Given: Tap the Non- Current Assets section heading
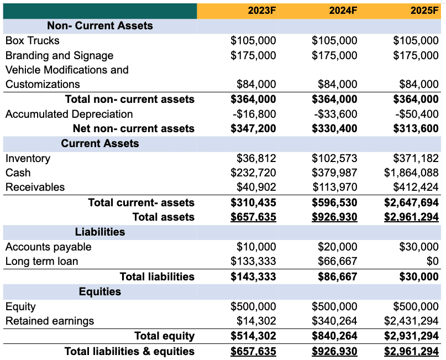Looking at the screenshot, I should [100, 25].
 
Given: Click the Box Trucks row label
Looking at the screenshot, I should [33, 40].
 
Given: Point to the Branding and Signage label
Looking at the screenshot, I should [59, 55].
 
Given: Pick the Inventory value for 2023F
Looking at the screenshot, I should [256, 158].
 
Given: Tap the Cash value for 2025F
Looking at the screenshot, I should [411, 173].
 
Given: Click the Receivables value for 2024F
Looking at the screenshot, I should [334, 187].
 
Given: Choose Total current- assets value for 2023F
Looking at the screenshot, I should [253, 202].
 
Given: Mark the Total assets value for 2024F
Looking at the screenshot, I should [334, 217].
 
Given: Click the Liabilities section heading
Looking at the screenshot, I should [100, 232].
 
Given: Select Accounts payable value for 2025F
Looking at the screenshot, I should [419, 247].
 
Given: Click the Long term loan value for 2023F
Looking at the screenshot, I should [253, 261].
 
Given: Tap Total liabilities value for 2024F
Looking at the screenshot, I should [337, 276].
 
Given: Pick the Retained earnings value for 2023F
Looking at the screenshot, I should [256, 321].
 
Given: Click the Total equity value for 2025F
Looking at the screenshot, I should [411, 336].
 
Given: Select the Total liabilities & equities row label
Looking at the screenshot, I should [129, 351].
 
